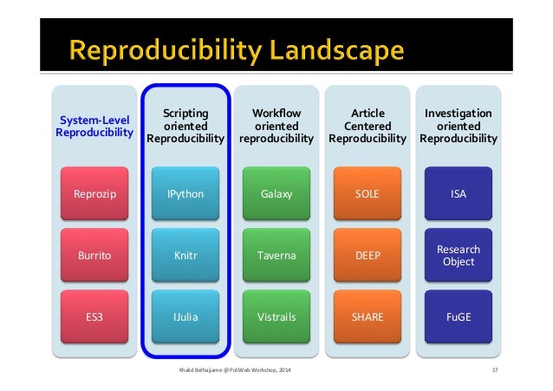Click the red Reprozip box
94,193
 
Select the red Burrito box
94,256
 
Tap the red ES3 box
94,317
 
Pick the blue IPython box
185,193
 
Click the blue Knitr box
185,256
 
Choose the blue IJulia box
185,317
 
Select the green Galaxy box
276,193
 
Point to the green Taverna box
276,256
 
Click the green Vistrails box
276,317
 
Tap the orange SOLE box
368,193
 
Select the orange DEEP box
368,256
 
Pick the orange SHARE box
368,317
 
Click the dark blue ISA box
459,193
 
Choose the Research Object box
459,256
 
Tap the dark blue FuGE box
459,317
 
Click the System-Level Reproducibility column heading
94,126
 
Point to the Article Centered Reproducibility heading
368,126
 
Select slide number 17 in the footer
492,371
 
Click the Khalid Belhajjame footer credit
235,371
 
